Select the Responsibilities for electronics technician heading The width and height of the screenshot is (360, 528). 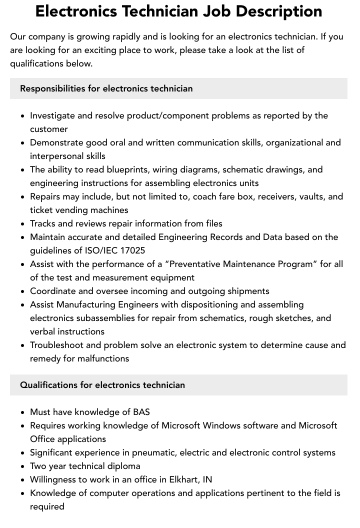point(106,88)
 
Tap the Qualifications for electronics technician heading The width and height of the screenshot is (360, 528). point(102,385)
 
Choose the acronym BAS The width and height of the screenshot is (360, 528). point(141,412)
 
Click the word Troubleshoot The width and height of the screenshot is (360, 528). point(55,345)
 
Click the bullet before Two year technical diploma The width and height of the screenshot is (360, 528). point(22,466)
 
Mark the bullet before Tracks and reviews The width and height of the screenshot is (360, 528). point(22,224)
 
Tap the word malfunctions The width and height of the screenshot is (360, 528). point(103,358)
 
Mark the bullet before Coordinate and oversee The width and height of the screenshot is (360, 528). point(22,291)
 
